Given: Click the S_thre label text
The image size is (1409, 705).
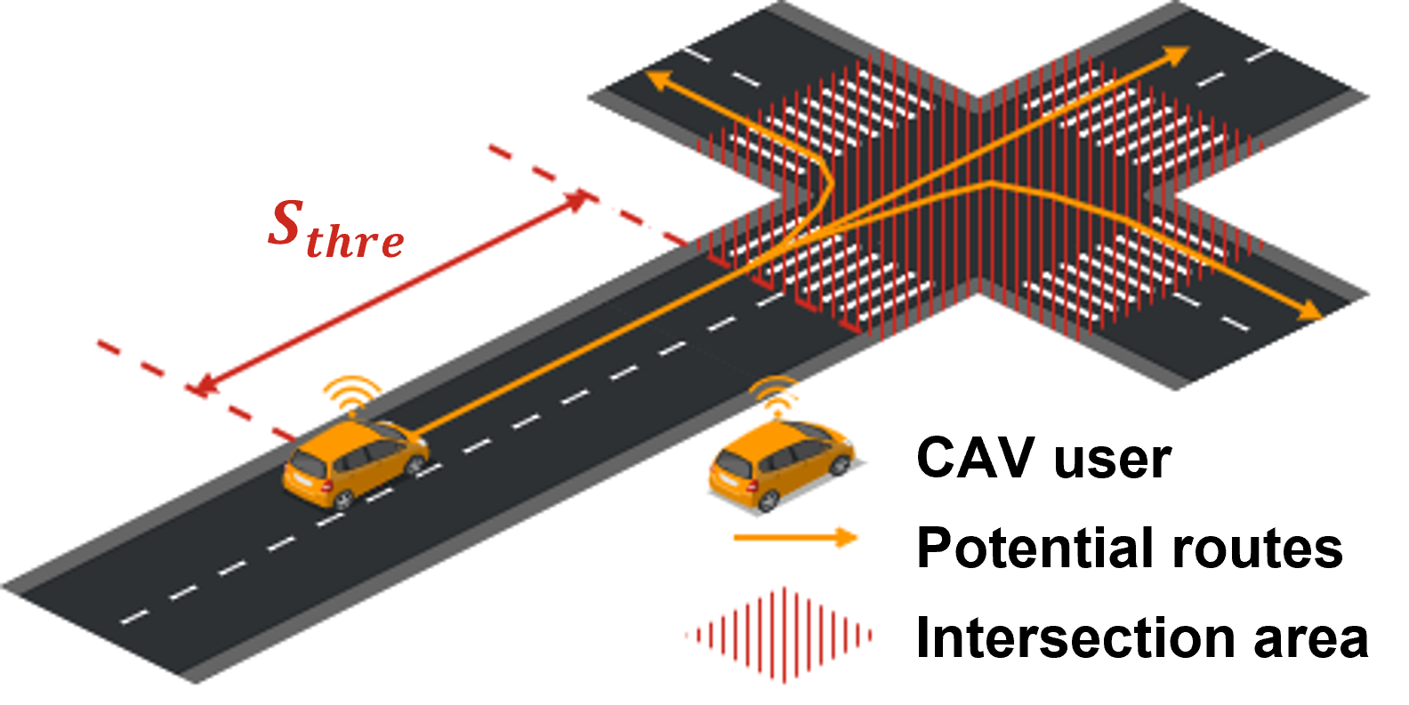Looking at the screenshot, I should pyautogui.click(x=336, y=227).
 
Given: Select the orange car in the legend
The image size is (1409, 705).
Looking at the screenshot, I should pyautogui.click(x=781, y=466).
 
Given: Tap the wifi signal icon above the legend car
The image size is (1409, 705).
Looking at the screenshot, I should pyautogui.click(x=777, y=393).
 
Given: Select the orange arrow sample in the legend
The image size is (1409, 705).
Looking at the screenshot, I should pyautogui.click(x=794, y=537).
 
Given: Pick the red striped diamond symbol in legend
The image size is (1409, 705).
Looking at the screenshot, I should pyautogui.click(x=779, y=635).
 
